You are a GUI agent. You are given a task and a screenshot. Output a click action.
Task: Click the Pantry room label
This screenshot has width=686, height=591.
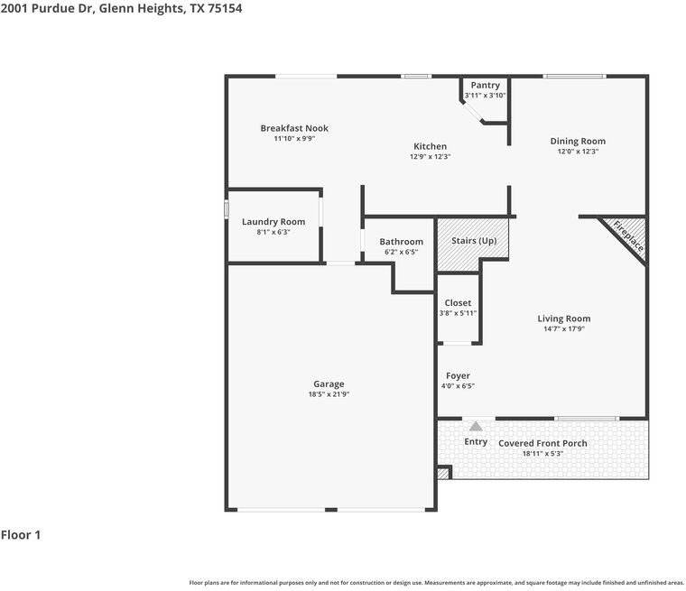(486, 86)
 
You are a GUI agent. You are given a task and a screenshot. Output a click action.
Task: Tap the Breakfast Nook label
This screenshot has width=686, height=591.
(294, 128)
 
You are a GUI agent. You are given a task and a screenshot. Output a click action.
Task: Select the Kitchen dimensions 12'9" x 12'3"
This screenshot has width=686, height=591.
(430, 157)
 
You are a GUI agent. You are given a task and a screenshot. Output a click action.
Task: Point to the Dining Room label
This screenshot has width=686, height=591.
(578, 142)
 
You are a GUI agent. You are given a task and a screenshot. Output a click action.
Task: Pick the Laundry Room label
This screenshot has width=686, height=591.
(273, 222)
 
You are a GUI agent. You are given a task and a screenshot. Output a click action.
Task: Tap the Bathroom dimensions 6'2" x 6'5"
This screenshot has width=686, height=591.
(401, 252)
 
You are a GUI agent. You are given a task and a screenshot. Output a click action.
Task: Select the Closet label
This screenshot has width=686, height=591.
(458, 302)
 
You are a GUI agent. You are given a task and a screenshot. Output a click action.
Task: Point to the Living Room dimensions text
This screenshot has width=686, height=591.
(564, 329)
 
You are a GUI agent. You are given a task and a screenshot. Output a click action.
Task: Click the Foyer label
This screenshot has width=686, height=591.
(458, 375)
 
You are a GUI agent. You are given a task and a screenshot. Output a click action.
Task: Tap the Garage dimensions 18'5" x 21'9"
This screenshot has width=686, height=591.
(329, 394)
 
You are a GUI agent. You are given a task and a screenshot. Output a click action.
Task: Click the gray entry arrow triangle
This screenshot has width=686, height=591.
(476, 426)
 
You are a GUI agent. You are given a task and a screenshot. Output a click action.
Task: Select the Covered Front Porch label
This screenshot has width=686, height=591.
(542, 443)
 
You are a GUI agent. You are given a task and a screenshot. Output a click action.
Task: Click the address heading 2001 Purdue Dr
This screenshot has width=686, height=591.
(47, 8)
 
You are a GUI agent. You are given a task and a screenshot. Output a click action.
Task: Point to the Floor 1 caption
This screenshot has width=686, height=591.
(21, 534)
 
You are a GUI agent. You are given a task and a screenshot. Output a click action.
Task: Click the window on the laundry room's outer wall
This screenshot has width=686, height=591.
(227, 208)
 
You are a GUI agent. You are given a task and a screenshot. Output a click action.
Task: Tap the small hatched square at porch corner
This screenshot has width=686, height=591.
(443, 474)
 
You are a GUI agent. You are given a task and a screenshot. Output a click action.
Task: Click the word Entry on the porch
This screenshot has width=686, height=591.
(476, 442)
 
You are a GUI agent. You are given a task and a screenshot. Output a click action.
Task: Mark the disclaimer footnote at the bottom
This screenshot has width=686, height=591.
(436, 583)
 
